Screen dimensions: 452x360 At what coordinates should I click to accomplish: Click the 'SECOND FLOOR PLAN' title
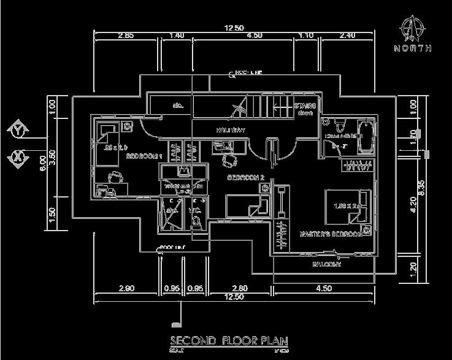(229, 340)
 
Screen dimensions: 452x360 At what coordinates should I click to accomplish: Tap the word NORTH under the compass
(413, 48)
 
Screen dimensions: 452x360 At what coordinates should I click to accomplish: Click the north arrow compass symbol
(413, 27)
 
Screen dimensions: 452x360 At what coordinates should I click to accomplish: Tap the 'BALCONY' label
(327, 265)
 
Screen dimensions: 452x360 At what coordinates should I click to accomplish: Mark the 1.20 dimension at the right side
(414, 267)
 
